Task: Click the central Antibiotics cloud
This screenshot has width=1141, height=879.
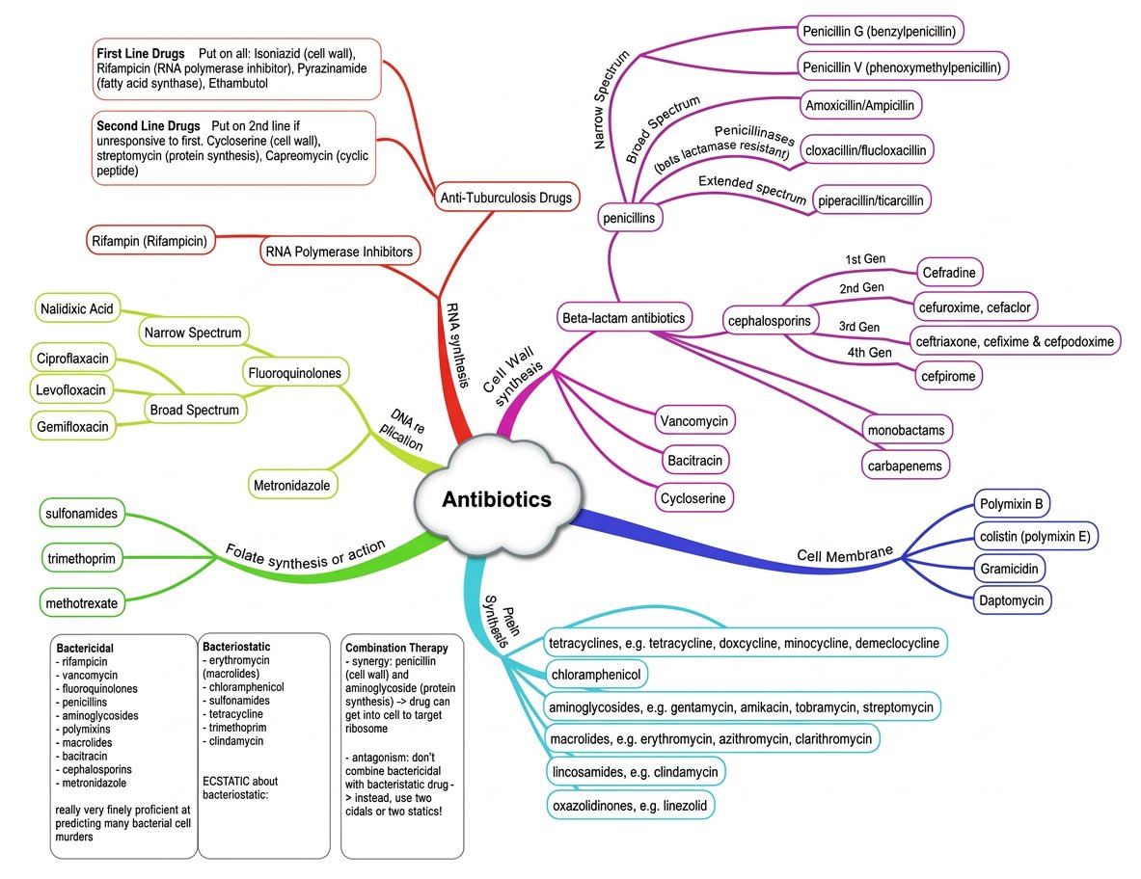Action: coord(497,499)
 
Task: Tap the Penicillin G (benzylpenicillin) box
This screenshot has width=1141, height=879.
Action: coord(879,31)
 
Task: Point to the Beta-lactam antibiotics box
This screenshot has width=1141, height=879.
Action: coord(623,316)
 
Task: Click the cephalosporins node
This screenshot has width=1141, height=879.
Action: coord(773,319)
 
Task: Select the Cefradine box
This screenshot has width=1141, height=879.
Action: coord(949,274)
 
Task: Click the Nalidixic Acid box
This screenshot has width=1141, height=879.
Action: coord(76,309)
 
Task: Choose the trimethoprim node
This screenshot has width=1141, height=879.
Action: coord(82,557)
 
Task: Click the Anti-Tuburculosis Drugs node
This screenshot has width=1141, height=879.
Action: coord(506,198)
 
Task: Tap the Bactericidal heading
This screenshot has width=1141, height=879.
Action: coord(86,648)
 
